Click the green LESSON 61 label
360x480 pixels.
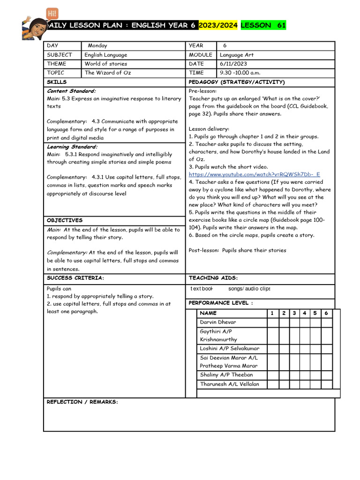point(263,25)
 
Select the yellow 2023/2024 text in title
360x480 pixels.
point(218,25)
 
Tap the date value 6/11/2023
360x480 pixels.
point(233,64)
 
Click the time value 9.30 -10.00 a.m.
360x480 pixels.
point(240,73)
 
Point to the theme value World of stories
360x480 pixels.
point(106,64)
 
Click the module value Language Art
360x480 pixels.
point(237,55)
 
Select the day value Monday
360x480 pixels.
point(97,45)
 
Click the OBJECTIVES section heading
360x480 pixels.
point(65,220)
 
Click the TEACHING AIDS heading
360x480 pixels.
point(213,278)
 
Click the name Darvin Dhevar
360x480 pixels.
point(218,322)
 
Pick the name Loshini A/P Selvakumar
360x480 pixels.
point(230,348)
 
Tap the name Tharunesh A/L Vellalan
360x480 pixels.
point(229,384)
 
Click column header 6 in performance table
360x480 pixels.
point(326,313)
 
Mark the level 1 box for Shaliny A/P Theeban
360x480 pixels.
point(272,375)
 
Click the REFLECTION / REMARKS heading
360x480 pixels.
point(82,402)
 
